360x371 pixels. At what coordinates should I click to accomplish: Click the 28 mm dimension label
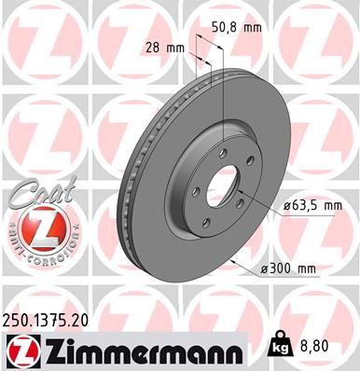(159, 47)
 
